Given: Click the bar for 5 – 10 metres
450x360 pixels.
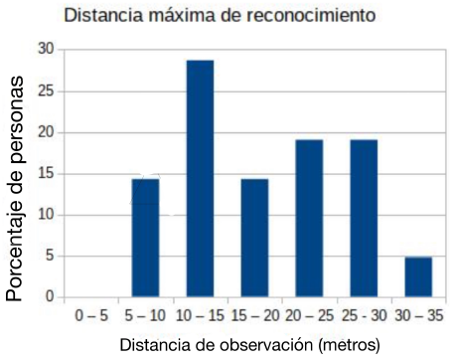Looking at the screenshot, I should (145, 238).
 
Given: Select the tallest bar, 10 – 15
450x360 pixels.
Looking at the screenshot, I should (200, 179).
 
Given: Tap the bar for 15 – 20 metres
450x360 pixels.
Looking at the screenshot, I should (254, 238).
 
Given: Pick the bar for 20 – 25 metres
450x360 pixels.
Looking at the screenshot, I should (309, 218).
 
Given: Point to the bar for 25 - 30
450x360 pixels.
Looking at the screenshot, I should (364, 218).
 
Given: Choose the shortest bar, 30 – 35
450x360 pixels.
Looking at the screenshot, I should (418, 277).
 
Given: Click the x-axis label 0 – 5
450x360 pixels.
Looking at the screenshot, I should (90, 314).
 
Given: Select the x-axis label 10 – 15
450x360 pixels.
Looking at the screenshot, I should (200, 314).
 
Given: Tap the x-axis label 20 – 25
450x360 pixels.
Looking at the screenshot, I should (309, 314).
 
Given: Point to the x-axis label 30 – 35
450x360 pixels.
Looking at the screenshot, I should (418, 314).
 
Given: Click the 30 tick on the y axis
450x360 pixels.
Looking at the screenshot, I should (46, 49).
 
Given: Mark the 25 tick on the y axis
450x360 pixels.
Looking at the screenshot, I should (46, 90).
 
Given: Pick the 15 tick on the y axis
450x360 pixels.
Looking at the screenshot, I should (46, 173).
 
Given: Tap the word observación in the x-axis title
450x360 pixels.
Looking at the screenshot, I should (260, 345).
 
